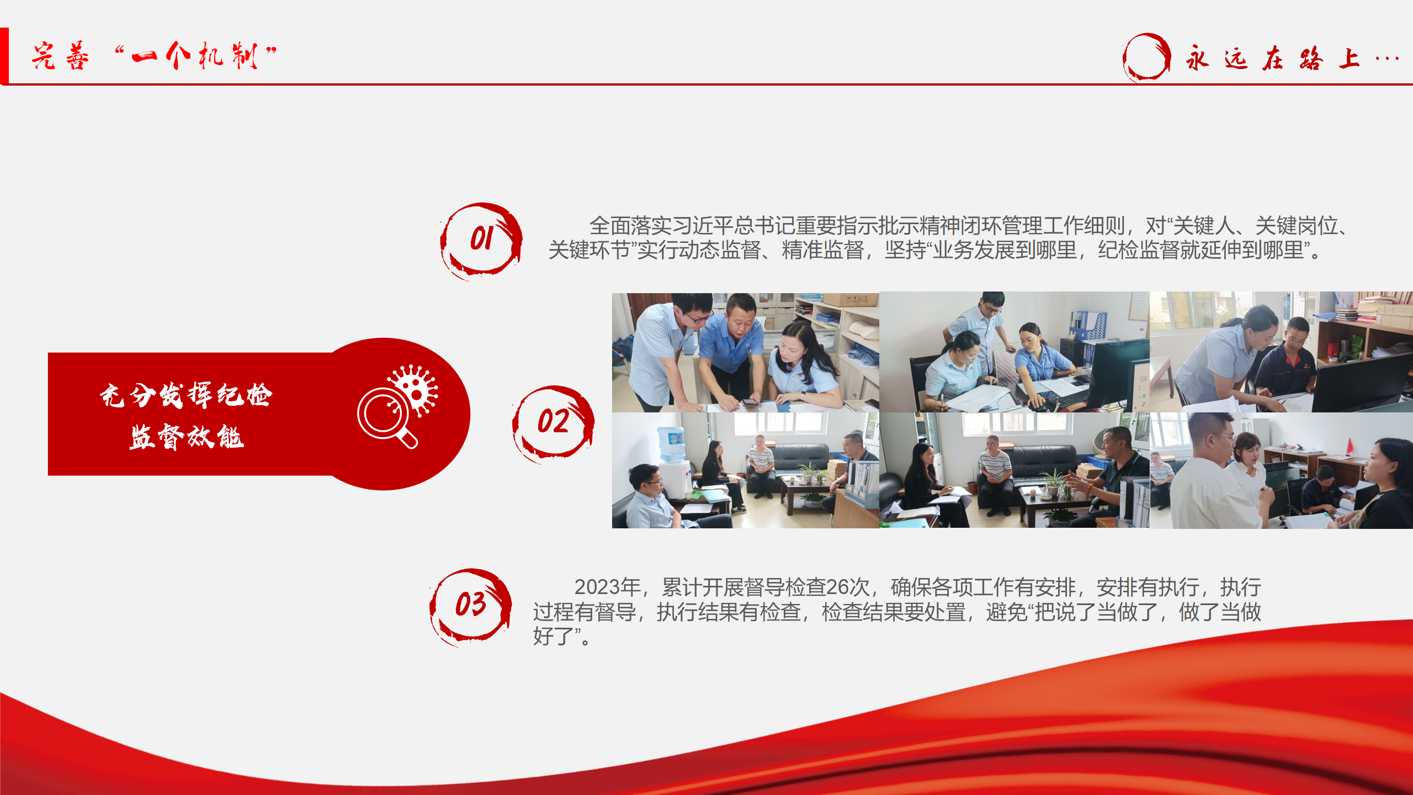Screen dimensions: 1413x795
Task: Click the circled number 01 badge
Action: pyautogui.click(x=481, y=241)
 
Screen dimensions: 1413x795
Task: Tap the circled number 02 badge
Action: pyautogui.click(x=553, y=423)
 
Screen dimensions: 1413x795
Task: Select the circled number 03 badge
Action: pyautogui.click(x=470, y=606)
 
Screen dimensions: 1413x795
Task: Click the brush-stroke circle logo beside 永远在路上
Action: pyautogui.click(x=1146, y=57)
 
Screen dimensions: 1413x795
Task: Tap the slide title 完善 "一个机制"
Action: pyautogui.click(x=154, y=56)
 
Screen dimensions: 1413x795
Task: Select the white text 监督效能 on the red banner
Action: pyautogui.click(x=187, y=437)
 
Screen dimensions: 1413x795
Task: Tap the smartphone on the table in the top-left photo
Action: pyautogui.click(x=748, y=402)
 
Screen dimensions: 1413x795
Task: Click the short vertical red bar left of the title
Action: pyautogui.click(x=4, y=56)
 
